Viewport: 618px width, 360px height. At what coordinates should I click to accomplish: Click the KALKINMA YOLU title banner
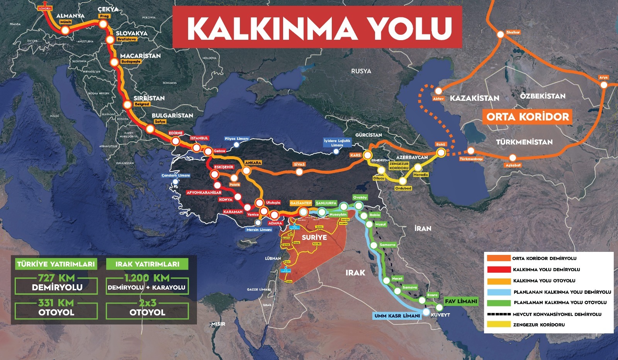(x=317, y=27)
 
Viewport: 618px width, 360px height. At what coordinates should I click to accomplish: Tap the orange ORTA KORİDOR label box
(x=528, y=117)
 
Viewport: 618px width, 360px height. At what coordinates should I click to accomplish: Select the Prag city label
(x=104, y=16)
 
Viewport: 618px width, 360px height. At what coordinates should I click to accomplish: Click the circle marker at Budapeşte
(x=114, y=62)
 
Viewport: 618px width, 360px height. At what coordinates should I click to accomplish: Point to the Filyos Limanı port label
(x=237, y=139)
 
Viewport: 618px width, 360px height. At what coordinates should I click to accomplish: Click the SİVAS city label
(x=299, y=164)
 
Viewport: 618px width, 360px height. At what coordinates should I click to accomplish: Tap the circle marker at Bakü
(x=441, y=153)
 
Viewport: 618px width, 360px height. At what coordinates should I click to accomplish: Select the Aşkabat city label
(x=513, y=165)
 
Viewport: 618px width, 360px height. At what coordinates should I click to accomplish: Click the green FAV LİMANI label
(x=461, y=301)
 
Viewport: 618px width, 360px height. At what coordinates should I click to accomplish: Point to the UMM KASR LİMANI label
(x=397, y=316)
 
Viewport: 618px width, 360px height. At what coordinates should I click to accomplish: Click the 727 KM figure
(x=56, y=278)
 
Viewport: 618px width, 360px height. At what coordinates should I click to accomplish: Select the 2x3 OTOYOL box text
(x=147, y=307)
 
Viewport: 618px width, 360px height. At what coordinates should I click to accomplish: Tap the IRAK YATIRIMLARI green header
(x=147, y=264)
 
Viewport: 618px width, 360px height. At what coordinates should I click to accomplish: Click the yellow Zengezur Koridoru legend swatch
(x=498, y=324)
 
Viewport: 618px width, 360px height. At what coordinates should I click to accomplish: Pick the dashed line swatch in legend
(x=498, y=314)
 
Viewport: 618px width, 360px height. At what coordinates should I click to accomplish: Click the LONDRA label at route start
(x=45, y=8)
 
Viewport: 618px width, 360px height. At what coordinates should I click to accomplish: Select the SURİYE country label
(x=314, y=237)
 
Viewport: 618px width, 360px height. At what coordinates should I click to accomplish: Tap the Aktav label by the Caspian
(x=438, y=98)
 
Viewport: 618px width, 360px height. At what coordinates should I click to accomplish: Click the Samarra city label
(x=387, y=245)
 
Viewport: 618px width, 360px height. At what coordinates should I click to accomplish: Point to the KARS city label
(x=355, y=155)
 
